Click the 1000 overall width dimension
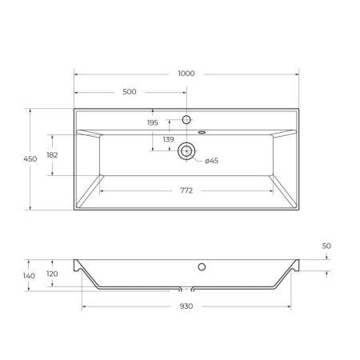coord(186,74)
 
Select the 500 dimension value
coord(129,92)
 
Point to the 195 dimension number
coord(152,122)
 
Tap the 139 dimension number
coord(169,141)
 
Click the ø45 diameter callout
coord(212,161)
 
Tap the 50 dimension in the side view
coord(326,247)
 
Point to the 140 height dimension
coord(29,276)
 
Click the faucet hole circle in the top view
coord(186,120)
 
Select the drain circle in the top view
coord(187,150)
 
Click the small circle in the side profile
coord(202,266)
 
